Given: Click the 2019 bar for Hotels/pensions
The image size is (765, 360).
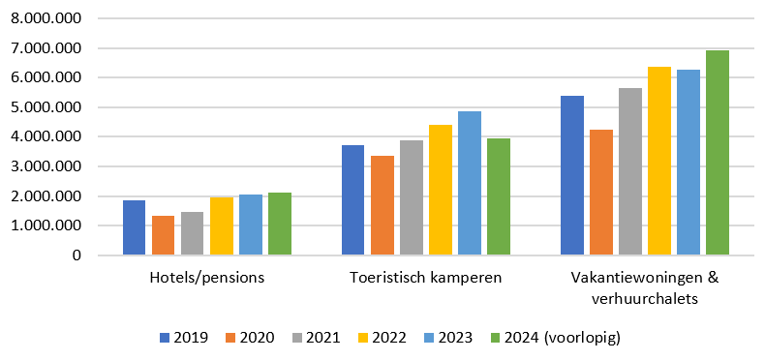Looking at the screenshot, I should click(134, 228).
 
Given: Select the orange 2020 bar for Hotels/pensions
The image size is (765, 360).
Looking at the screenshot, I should click(163, 236).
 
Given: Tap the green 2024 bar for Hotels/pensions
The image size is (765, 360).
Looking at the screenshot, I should click(279, 225).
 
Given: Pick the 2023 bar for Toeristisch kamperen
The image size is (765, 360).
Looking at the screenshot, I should click(469, 184).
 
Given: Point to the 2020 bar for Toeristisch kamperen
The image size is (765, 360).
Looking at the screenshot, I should click(382, 206).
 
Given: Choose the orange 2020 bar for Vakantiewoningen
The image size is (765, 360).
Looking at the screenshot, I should click(600, 193).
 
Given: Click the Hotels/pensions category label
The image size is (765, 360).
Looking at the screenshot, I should click(206, 279).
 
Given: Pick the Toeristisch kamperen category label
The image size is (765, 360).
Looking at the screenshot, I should click(425, 279).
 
